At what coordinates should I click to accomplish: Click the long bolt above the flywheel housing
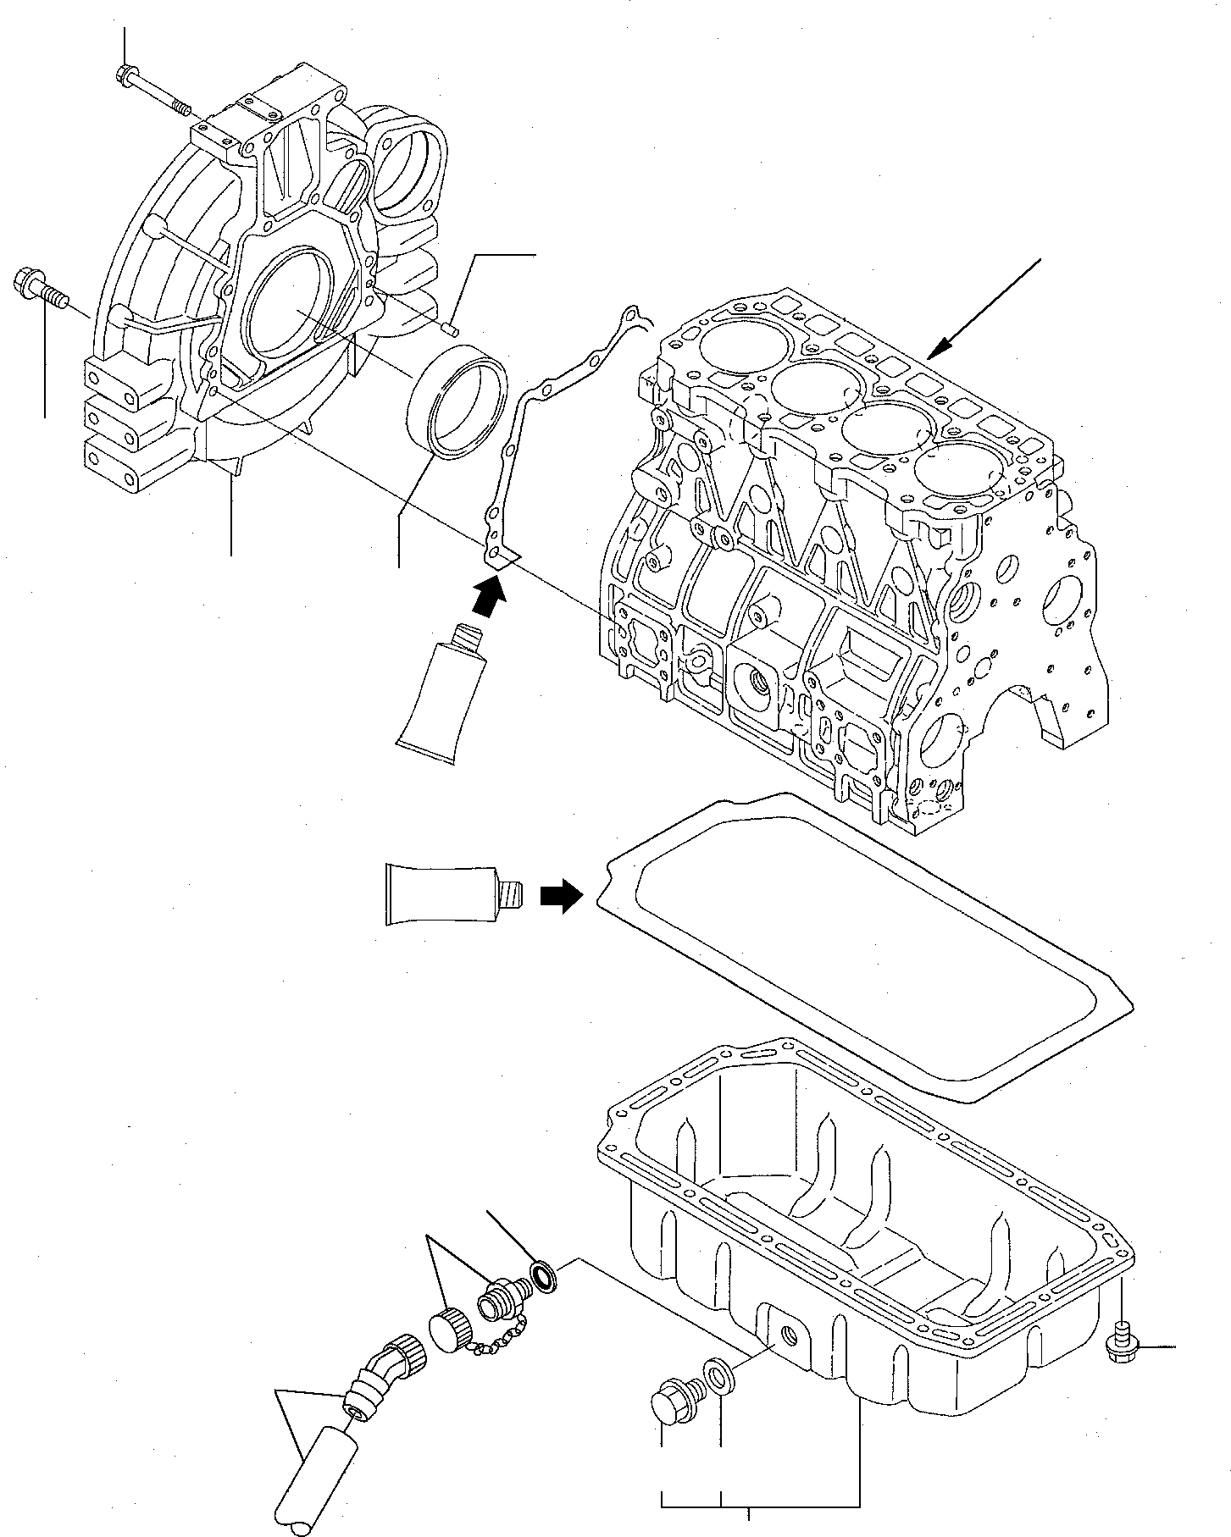[152, 91]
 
